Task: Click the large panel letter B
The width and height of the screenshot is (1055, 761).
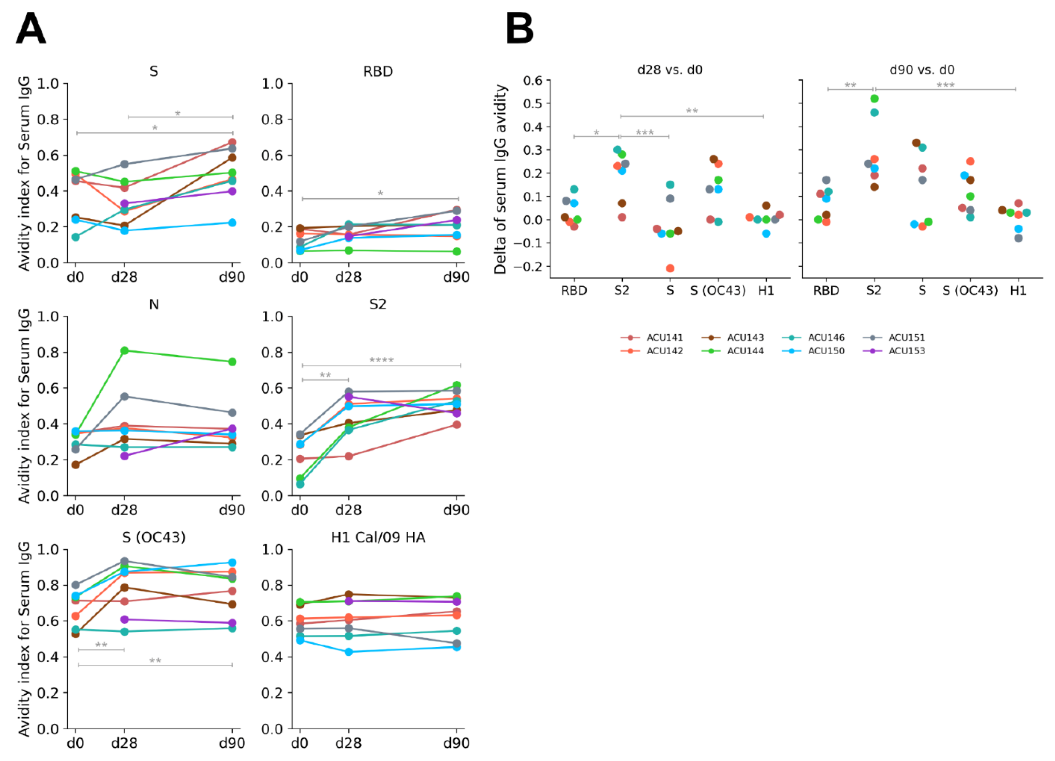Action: click(520, 29)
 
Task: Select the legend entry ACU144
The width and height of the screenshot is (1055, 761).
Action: click(745, 351)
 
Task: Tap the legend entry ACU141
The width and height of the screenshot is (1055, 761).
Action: click(664, 337)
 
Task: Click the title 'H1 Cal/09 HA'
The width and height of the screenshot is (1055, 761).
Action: click(378, 538)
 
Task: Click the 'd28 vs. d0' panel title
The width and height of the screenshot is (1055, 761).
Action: click(669, 70)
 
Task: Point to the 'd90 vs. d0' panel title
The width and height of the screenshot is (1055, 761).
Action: click(922, 70)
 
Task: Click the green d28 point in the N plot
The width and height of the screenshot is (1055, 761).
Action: click(124, 351)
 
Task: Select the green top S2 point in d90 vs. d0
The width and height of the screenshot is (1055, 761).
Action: click(874, 98)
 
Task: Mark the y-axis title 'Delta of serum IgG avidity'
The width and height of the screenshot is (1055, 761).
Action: click(500, 179)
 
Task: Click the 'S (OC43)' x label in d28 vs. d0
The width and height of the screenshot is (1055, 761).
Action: click(718, 291)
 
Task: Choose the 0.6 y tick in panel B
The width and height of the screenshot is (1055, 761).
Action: click(533, 80)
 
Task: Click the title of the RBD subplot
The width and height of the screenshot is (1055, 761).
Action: click(378, 72)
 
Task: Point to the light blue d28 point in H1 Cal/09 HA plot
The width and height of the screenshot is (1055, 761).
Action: click(348, 652)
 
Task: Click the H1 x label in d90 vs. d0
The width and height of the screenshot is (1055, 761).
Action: click(1018, 291)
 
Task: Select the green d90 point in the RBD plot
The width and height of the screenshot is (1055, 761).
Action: click(457, 251)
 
